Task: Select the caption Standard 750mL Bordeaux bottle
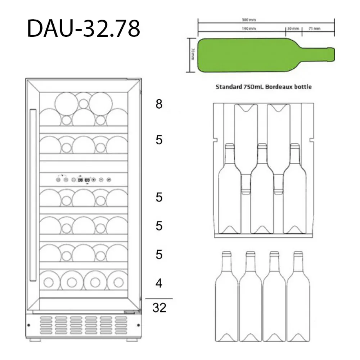[x=263, y=87]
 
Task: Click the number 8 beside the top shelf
[x=159, y=104]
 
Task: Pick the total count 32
[x=159, y=308]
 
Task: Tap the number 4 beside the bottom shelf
[x=159, y=284]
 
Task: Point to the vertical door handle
[x=33, y=195]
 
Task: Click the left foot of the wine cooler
[x=35, y=339]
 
